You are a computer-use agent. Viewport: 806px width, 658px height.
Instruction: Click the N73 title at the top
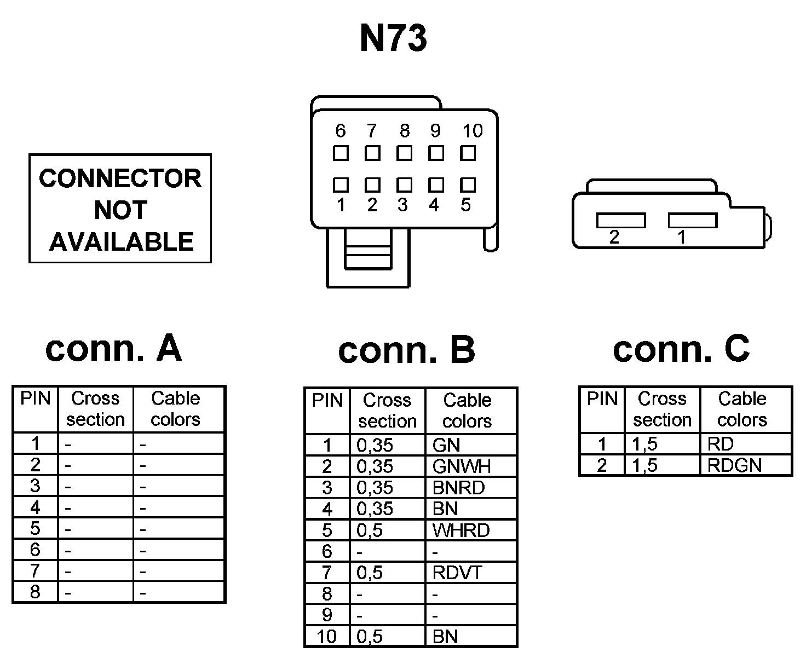click(x=393, y=38)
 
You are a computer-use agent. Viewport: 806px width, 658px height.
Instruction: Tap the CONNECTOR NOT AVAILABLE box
click(x=120, y=209)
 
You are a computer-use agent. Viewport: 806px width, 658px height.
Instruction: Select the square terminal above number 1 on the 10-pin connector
click(x=341, y=184)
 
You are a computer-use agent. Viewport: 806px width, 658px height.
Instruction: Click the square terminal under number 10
click(x=468, y=153)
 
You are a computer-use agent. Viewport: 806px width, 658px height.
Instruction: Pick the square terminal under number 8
click(x=404, y=153)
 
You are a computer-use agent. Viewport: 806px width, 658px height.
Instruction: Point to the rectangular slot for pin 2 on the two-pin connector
click(x=621, y=220)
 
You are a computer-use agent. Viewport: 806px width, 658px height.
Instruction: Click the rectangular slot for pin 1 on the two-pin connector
click(x=693, y=220)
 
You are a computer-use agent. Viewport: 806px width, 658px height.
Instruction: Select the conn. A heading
click(x=113, y=348)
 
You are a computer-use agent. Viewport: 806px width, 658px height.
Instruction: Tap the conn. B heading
click(x=406, y=350)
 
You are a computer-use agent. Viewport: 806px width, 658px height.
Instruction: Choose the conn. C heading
click(x=681, y=348)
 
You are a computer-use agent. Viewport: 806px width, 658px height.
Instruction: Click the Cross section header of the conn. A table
click(x=95, y=409)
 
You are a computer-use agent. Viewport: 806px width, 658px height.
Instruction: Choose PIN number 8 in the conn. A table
click(x=35, y=592)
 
